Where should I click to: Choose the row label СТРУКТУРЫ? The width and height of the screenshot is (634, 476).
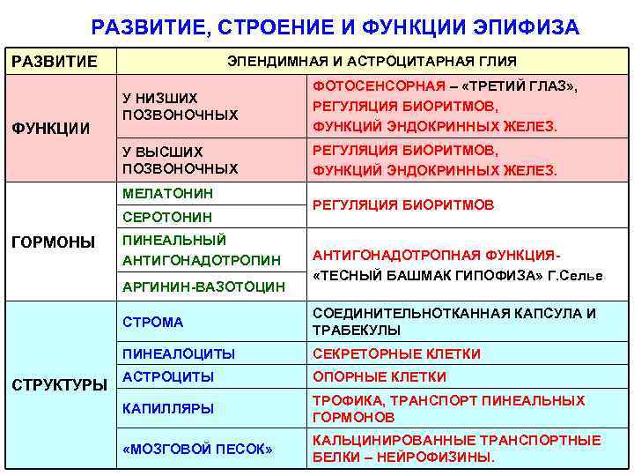[58, 384]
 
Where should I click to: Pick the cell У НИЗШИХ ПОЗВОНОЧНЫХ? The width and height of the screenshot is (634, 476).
[180, 107]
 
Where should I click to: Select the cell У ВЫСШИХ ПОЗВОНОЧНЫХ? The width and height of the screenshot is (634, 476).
[180, 160]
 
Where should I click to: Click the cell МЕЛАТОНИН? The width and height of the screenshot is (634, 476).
[168, 193]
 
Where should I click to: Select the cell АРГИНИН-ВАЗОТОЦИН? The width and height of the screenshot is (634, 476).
[204, 286]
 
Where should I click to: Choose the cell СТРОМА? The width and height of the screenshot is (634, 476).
[153, 322]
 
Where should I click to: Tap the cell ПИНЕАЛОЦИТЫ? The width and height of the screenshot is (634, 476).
[179, 353]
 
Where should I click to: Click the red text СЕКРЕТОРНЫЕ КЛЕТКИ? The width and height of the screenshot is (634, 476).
[397, 353]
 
